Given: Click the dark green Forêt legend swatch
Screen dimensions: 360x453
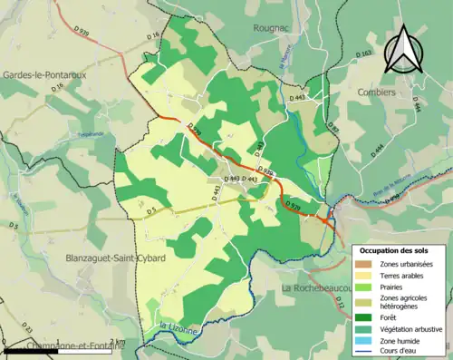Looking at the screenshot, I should pos(367,316).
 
